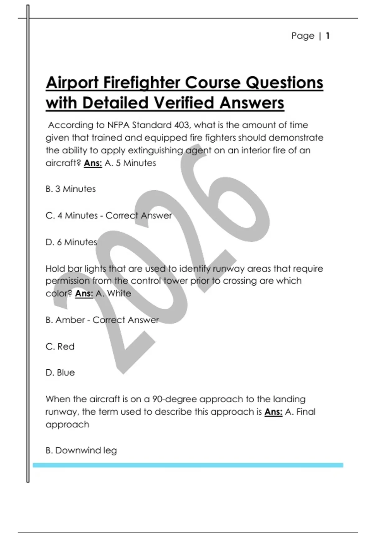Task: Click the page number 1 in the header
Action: pos(328,36)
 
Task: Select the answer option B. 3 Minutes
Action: pos(70,189)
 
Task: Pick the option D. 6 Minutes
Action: pos(71,242)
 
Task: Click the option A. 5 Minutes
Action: pos(130,163)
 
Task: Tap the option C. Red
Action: pos(60,346)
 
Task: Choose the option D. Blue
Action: pos(60,372)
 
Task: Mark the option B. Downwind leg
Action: pos(81,451)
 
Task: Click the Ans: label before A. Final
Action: pos(274,412)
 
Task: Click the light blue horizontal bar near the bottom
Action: pos(188,465)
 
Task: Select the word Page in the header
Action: pos(303,36)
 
